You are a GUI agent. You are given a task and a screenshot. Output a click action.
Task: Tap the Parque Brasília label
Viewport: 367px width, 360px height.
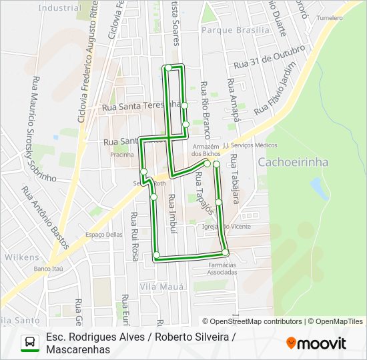coord(236,30)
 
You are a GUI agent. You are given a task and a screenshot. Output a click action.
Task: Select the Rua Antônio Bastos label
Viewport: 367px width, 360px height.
coord(45,217)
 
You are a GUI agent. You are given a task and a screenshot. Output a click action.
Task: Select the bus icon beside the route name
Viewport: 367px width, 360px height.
coord(30,343)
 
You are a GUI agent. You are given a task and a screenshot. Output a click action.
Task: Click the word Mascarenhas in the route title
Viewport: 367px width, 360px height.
coord(78,349)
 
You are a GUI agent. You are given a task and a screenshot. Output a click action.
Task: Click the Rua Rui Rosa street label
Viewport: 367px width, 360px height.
coord(135,236)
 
